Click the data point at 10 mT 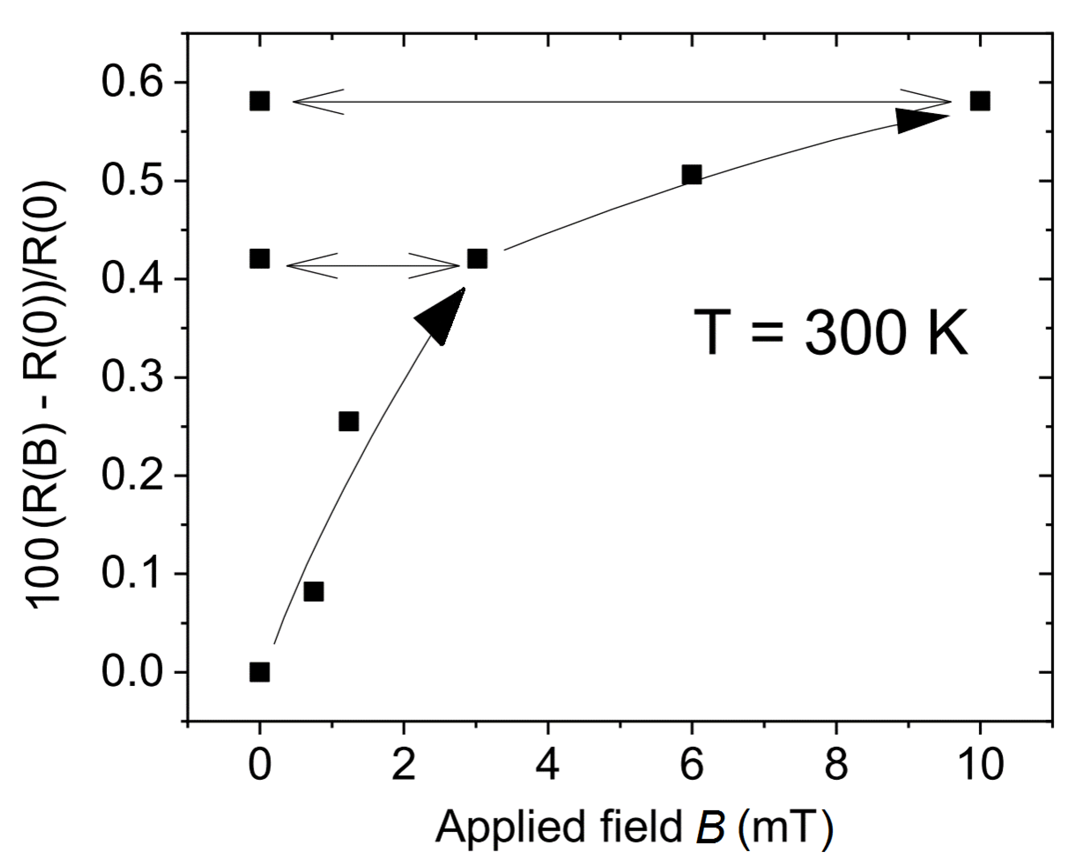(x=979, y=101)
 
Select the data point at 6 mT (x=691, y=175)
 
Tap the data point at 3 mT (x=477, y=259)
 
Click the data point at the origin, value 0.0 (x=259, y=672)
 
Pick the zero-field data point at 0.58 (x=259, y=101)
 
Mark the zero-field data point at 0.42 (x=259, y=259)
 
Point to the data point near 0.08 (x=313, y=592)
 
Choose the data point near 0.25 (x=349, y=421)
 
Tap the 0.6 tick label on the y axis (x=132, y=83)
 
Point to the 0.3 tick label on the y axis (x=132, y=378)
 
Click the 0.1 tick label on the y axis (x=132, y=574)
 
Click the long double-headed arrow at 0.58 (x=622, y=102)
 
